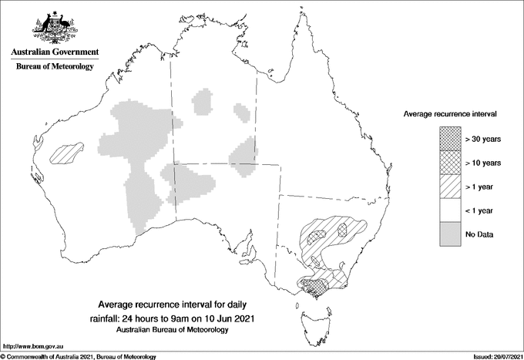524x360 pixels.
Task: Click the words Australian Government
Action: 54,52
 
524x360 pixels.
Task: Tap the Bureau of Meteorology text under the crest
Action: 54,67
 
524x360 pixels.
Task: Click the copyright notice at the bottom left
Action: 79,356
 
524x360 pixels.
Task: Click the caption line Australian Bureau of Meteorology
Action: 171,330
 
